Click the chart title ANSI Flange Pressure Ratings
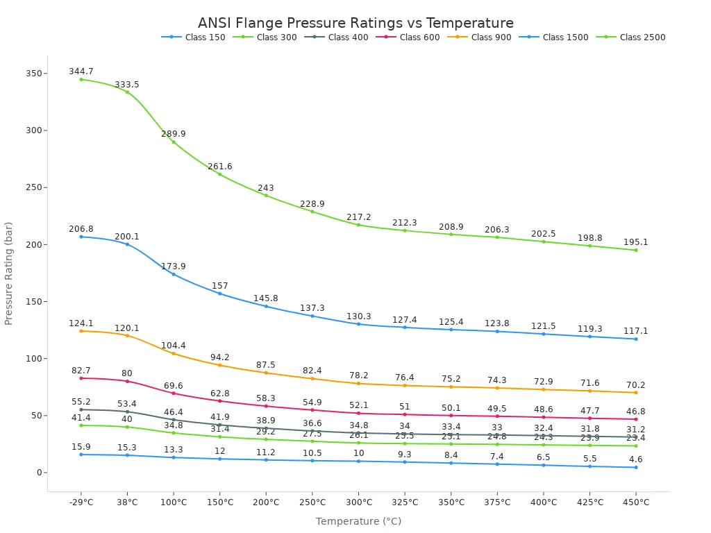tap(355, 23)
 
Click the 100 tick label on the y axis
tap(33, 359)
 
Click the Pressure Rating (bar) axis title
tap(9, 273)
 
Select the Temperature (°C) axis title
tap(358, 521)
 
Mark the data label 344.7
tap(81, 71)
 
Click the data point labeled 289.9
tap(174, 142)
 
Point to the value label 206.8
tap(81, 229)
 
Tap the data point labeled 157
tap(220, 294)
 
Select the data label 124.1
tap(81, 323)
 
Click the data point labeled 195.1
tap(635, 250)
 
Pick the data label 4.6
tap(635, 459)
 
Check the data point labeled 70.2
tap(635, 393)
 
